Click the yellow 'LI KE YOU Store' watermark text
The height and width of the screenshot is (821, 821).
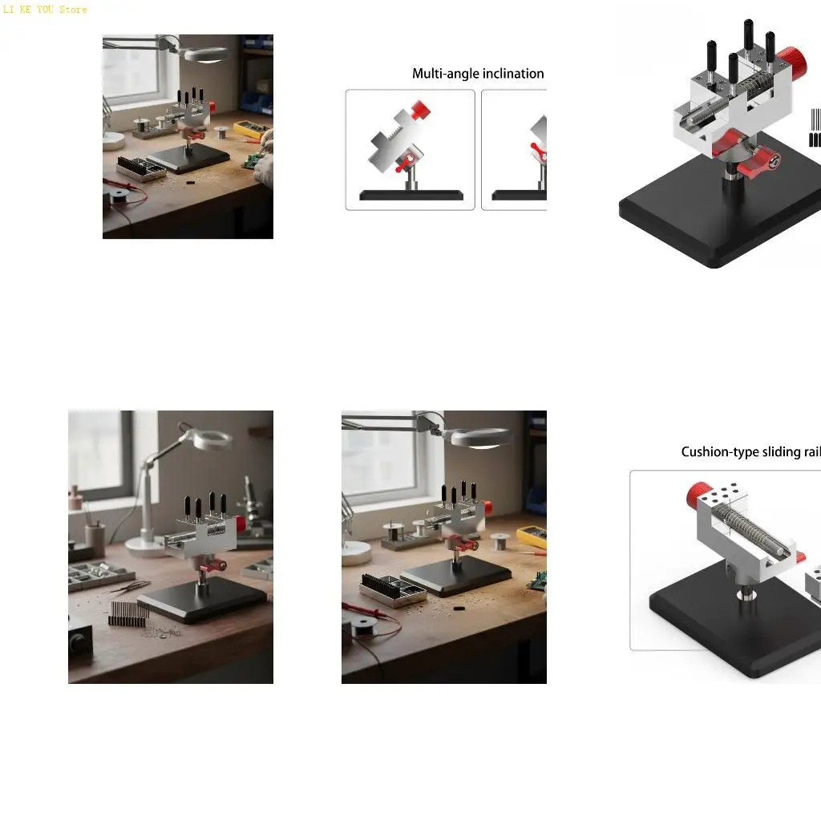point(45,10)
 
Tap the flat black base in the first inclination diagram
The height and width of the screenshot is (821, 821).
point(410,195)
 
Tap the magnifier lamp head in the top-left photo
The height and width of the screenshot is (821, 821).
point(206,54)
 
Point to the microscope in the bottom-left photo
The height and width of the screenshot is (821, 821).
point(252,501)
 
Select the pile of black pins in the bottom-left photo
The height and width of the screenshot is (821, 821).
point(127,614)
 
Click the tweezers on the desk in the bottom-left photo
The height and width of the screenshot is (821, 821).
point(128,588)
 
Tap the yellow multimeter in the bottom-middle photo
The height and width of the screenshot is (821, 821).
point(532,536)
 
